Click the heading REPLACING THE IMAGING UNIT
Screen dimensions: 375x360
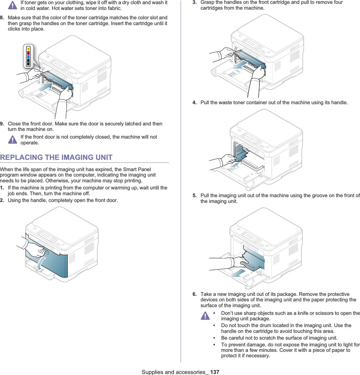tap(56, 158)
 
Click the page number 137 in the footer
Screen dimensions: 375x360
tap(215, 372)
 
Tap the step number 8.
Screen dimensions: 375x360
tap(2, 18)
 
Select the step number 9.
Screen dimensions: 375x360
tap(2, 124)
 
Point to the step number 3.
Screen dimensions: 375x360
tap(195, 2)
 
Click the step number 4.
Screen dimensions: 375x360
tap(195, 103)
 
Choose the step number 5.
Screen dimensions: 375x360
tap(195, 196)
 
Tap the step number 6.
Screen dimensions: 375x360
tap(195, 294)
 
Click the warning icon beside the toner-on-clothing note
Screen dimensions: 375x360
tap(13, 5)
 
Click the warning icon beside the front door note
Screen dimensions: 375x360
tap(13, 140)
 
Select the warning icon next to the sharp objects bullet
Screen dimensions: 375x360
tap(205, 316)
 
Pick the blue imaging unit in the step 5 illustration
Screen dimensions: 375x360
tap(254, 259)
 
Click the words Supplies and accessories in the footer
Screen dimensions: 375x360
tap(173, 372)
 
